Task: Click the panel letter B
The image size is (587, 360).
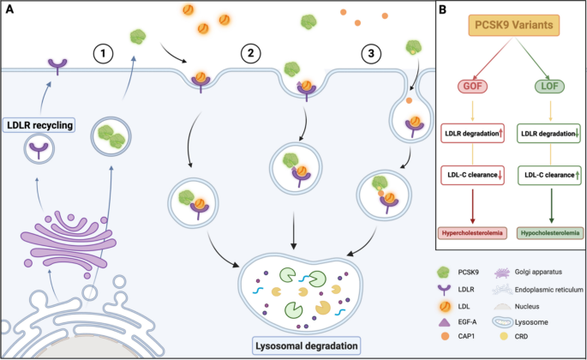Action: pos(442,9)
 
